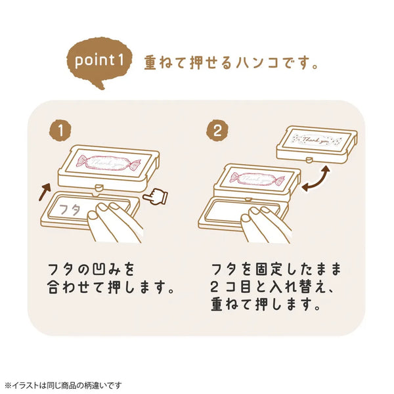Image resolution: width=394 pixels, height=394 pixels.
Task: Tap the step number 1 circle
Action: (61, 129)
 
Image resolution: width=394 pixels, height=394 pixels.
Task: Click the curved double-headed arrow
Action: (318, 177)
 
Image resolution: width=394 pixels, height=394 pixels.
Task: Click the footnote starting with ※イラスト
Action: (63, 385)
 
